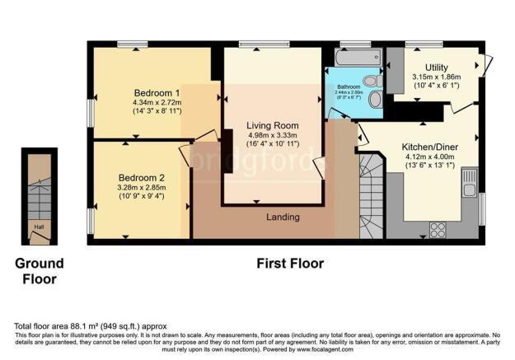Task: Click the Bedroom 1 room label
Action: pos(157,91)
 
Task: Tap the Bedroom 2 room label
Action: pos(142,177)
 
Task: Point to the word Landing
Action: pos(283,217)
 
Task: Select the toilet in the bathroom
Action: pos(372,81)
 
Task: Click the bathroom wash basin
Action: pos(376,99)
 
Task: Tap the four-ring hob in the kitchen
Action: pos(438,228)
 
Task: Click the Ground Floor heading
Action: pos(40,271)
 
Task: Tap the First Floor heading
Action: pos(288,264)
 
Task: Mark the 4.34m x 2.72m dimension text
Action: pos(157,102)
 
